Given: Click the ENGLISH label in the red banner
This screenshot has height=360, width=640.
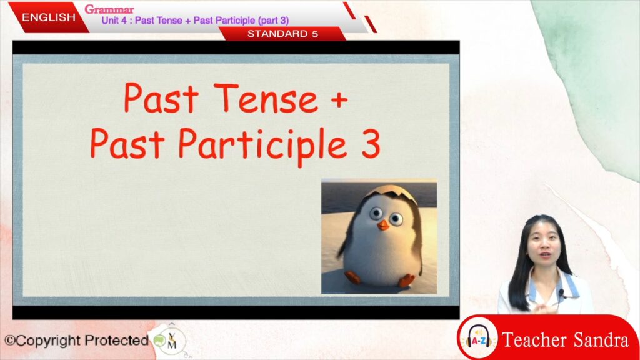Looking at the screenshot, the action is point(49,17).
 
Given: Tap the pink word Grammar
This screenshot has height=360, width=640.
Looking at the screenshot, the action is point(109,9).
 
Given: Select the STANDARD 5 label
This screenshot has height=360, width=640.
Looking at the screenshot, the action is point(282,34).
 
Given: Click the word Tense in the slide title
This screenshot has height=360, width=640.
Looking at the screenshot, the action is point(266,98).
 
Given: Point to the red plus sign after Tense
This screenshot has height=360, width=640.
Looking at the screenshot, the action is point(339,99).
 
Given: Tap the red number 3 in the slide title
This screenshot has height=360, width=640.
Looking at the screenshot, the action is point(371,144).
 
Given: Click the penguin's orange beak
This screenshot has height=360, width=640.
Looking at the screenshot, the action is point(383,225).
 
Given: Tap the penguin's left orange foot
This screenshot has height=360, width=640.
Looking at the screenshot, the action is point(352,277).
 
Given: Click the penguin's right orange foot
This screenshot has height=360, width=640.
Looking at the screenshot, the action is point(406,281).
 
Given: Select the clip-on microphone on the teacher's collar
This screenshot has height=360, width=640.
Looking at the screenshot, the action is point(562,293).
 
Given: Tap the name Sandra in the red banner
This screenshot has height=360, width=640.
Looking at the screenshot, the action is point(601,340).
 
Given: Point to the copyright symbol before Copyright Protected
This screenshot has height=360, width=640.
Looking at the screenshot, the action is point(10,341).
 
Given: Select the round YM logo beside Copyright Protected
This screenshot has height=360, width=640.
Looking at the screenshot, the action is point(170,340).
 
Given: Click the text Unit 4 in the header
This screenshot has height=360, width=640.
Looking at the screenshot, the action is point(114,21).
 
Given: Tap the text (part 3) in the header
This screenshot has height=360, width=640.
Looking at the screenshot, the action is point(273,21).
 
